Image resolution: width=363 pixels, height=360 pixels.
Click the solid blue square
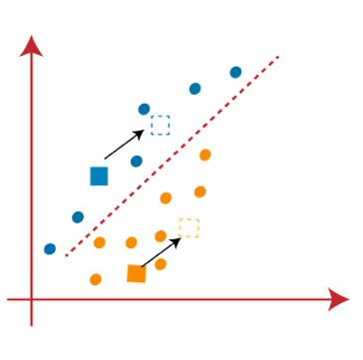pos(99,176)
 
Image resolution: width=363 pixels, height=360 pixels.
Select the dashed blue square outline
pos(160,125)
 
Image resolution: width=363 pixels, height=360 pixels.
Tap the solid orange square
pos(137,273)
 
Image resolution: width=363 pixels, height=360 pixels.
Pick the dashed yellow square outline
pos(188,228)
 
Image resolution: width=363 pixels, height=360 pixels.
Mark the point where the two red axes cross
pos(33,297)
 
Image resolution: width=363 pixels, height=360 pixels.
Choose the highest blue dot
pos(236,71)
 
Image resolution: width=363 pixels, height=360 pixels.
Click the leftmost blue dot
pos(51,248)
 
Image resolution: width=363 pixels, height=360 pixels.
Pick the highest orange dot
pos(205,154)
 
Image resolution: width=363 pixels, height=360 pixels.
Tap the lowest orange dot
pos(96,279)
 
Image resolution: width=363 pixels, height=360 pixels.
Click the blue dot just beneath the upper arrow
pos(136,161)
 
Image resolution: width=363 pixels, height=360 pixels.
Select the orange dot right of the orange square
pos(161,264)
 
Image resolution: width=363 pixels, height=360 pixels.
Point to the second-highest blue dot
pos(194,90)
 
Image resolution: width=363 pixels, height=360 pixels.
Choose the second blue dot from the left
pos(79,216)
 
